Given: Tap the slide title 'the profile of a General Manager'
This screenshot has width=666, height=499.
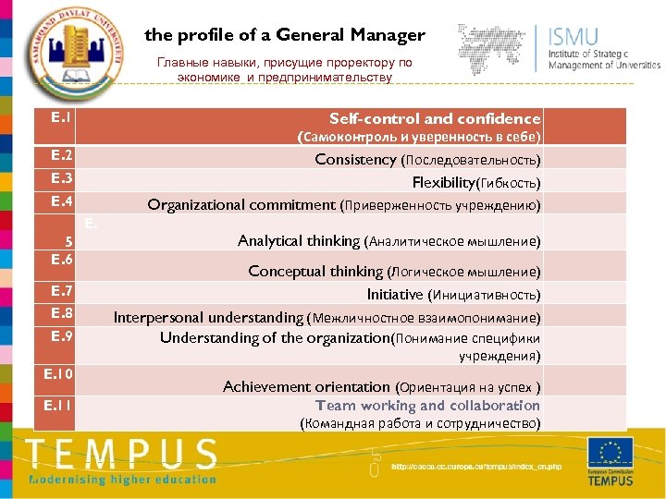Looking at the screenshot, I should pyautogui.click(x=285, y=35).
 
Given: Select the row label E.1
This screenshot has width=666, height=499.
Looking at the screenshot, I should pyautogui.click(x=62, y=118).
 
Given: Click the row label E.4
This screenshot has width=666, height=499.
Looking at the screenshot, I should pyautogui.click(x=62, y=201).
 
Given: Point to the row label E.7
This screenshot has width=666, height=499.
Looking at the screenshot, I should pyautogui.click(x=62, y=292).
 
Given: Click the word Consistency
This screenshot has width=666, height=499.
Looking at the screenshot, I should pyautogui.click(x=355, y=160).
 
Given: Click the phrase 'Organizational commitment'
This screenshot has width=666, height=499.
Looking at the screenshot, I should pyautogui.click(x=242, y=205).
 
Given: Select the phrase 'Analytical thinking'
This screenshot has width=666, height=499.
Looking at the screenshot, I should pyautogui.click(x=299, y=241).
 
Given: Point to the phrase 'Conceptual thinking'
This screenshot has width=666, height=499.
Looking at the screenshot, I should pyautogui.click(x=314, y=272).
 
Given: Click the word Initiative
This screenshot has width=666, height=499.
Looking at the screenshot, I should pyautogui.click(x=395, y=295).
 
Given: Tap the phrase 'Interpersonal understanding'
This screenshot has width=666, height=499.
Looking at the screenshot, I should pyautogui.click(x=208, y=317).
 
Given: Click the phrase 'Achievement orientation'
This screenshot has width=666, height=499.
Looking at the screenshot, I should pyautogui.click(x=306, y=387).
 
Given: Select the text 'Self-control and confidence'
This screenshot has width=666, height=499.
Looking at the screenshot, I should pyautogui.click(x=435, y=118).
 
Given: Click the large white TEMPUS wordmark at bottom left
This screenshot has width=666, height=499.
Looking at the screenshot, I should pyautogui.click(x=121, y=455).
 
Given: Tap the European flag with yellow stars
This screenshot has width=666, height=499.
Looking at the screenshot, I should pyautogui.click(x=610, y=453).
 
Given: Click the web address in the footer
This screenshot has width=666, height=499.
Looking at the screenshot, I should pyautogui.click(x=476, y=467).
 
